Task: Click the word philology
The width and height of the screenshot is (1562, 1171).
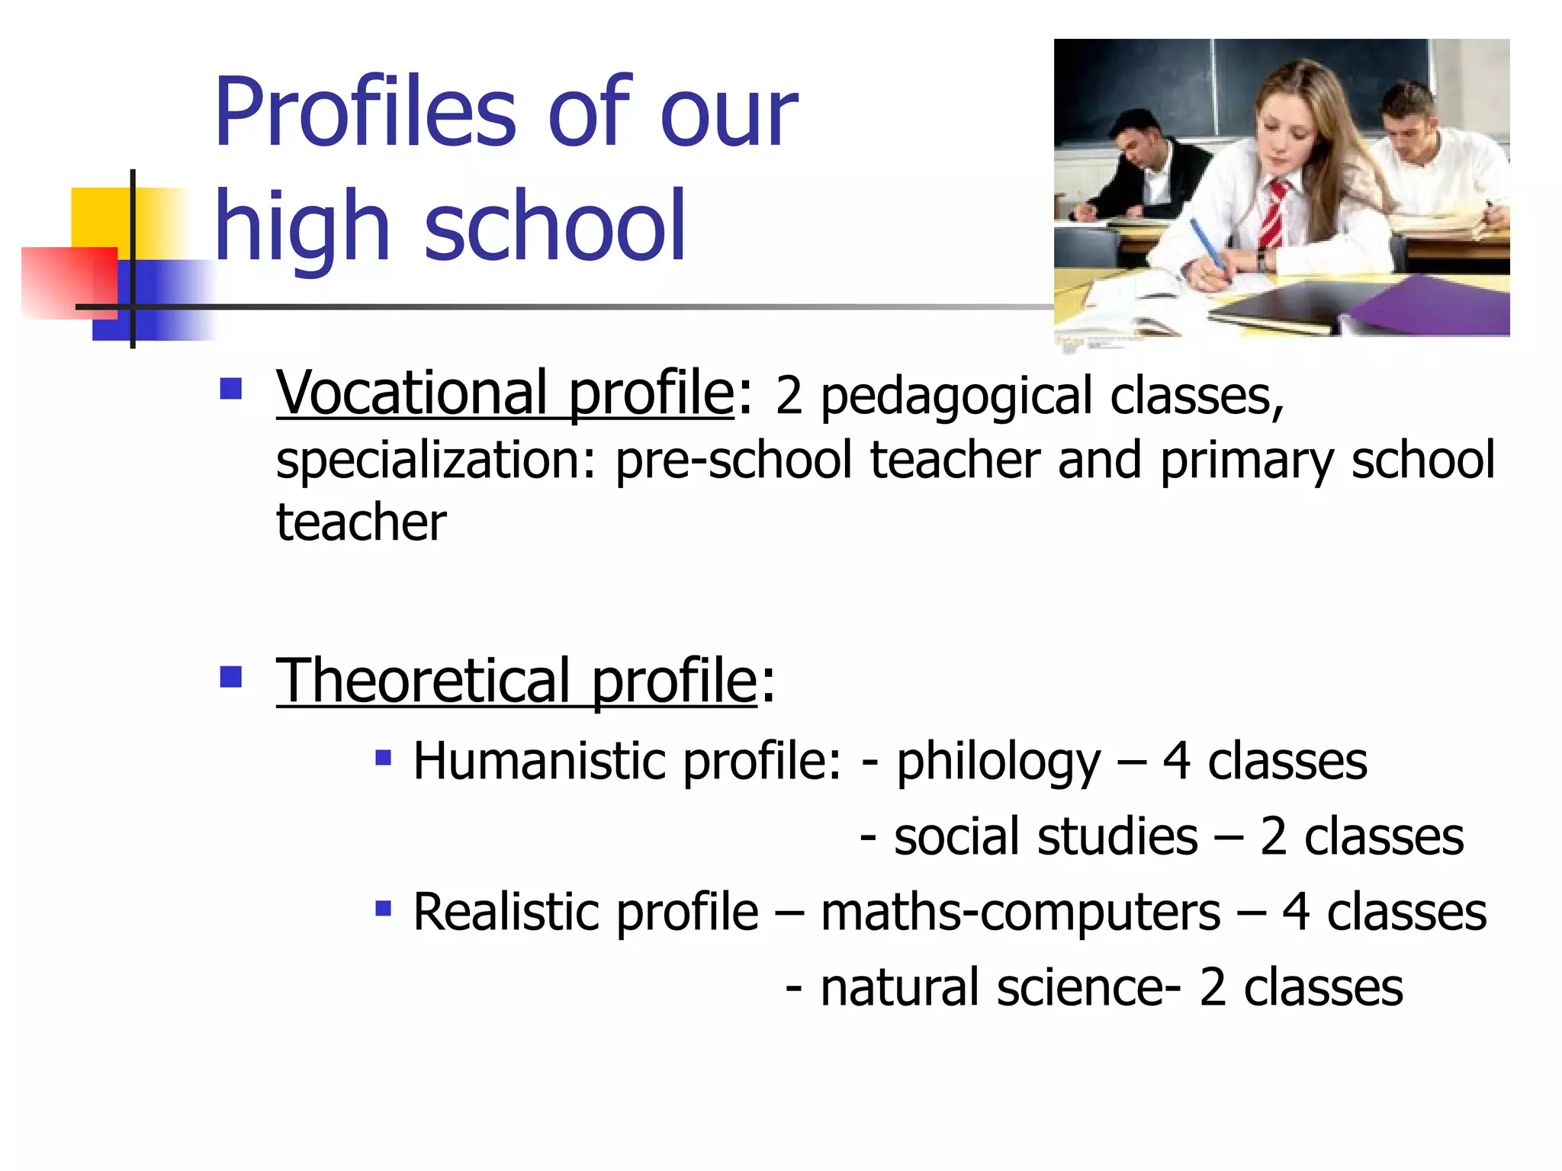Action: coord(998,762)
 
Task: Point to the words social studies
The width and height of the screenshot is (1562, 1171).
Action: coord(1046,837)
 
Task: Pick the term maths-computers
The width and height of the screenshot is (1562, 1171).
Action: coord(1020,913)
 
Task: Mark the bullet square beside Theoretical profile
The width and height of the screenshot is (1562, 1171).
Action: coord(230,676)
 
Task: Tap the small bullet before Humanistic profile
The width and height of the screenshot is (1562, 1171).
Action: coord(383,758)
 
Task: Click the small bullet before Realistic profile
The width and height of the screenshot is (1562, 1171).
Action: coord(383,909)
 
